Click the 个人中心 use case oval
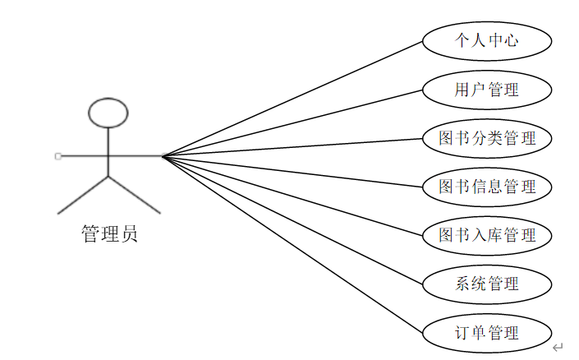click(486, 40)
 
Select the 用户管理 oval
click(486, 89)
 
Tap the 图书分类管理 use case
click(486, 138)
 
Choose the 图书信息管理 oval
click(486, 187)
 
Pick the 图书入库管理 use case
click(486, 236)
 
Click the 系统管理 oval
click(486, 284)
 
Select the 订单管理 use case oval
click(486, 333)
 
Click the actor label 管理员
click(109, 234)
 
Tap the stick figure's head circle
click(108, 113)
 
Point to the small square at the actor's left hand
click(57, 155)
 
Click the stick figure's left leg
click(83, 195)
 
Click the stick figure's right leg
click(135, 195)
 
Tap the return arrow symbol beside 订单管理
click(558, 348)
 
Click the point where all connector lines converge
click(163, 155)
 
